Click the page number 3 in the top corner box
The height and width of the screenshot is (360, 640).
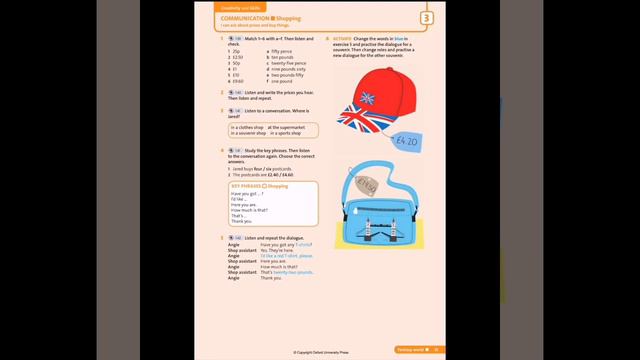(427, 18)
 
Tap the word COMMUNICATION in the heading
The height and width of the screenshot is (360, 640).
(243, 17)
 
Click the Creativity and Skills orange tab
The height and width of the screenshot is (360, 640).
(233, 7)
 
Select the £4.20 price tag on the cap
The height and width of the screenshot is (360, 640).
(407, 142)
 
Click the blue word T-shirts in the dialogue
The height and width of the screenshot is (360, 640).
(304, 244)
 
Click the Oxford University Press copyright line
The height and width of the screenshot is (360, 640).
(320, 352)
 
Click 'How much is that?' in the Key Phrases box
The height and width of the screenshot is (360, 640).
(248, 210)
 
